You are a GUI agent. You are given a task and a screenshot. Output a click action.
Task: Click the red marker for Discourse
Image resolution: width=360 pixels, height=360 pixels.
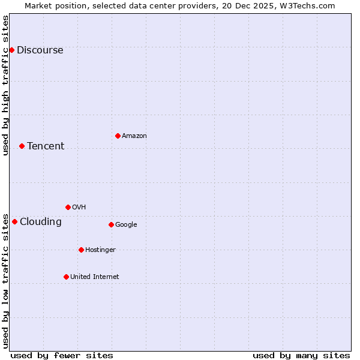(x=11, y=50)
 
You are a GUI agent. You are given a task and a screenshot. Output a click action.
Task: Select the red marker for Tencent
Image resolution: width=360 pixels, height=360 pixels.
(x=22, y=146)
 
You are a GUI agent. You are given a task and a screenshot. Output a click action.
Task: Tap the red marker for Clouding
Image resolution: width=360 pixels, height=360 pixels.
(x=14, y=221)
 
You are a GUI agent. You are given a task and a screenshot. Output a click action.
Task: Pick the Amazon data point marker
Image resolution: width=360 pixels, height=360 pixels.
(x=118, y=136)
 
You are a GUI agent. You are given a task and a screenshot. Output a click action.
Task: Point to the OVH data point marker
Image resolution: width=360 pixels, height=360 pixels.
(x=68, y=207)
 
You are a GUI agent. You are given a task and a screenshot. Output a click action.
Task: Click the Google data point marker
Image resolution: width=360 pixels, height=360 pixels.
(x=111, y=224)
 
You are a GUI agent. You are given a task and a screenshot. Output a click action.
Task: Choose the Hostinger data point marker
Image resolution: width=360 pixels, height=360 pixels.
(x=81, y=250)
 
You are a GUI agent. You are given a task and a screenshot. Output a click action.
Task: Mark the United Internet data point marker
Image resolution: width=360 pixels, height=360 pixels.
(x=66, y=277)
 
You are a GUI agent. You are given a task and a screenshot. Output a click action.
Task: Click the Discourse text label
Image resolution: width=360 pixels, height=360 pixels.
(x=40, y=50)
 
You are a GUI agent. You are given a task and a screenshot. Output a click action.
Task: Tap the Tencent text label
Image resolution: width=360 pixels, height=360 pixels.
(x=46, y=146)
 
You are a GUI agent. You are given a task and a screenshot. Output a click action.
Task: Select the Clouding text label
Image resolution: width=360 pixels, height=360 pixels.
(x=41, y=221)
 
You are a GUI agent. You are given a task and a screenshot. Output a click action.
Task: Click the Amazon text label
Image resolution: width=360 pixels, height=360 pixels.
(x=134, y=136)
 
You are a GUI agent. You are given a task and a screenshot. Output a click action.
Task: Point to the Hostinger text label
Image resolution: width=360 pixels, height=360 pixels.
(x=100, y=250)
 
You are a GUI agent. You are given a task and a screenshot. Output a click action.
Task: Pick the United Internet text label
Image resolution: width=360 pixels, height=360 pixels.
(x=95, y=277)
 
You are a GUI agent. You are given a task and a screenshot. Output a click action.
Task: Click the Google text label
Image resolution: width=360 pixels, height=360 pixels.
(x=126, y=224)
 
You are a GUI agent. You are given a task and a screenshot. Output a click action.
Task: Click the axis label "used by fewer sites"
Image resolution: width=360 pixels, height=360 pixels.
(x=62, y=355)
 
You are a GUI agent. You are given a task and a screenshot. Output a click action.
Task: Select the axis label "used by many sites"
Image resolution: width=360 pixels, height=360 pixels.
(x=301, y=355)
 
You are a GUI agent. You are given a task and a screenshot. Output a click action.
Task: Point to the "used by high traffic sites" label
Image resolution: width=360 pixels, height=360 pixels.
(x=5, y=85)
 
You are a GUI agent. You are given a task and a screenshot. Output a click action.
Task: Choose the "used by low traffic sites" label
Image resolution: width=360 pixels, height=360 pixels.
(x=5, y=280)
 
